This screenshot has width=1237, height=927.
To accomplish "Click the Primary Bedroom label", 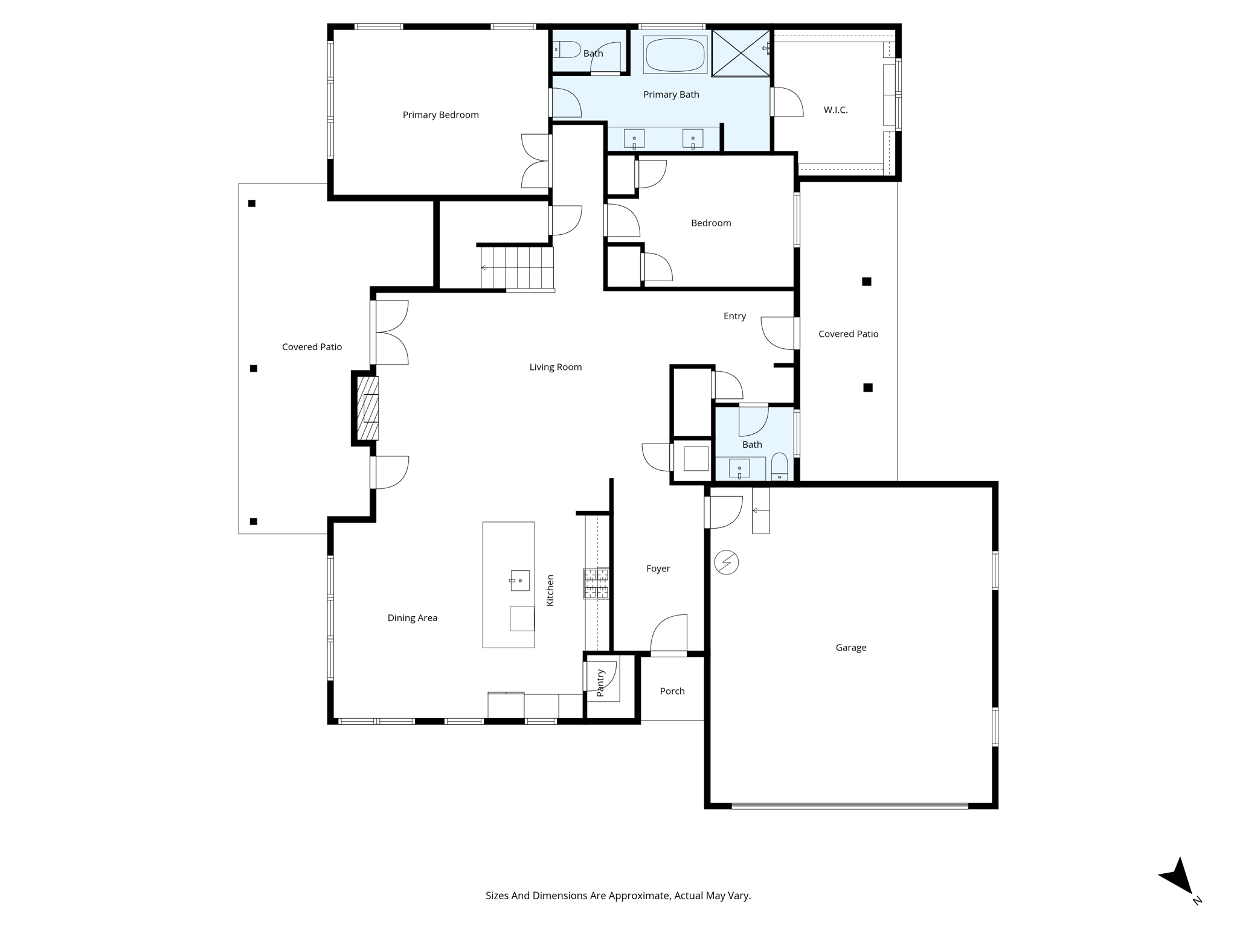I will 440,115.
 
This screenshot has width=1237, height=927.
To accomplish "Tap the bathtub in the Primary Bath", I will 675,55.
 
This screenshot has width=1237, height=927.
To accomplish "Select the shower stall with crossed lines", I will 741,53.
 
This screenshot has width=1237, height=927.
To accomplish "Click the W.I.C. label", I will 835,110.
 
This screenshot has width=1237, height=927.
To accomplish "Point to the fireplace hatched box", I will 368,408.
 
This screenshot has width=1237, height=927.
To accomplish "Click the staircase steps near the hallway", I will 518,267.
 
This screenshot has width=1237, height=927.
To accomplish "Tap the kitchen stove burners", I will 596,583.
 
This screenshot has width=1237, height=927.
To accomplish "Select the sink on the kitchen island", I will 519,580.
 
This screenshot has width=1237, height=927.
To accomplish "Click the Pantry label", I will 600,683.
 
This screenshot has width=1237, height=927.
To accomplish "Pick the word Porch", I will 672,691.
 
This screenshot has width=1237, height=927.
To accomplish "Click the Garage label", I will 850,648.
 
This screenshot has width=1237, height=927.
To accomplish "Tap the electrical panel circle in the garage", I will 726,562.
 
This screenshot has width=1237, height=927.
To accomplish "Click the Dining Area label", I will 412,617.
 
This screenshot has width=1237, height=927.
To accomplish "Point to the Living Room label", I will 555,367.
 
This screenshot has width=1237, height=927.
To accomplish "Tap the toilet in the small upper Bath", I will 568,49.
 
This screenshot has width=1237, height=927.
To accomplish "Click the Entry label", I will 734,316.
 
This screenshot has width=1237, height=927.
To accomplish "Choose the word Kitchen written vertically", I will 550,590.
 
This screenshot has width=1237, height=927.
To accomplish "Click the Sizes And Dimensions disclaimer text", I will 618,896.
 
